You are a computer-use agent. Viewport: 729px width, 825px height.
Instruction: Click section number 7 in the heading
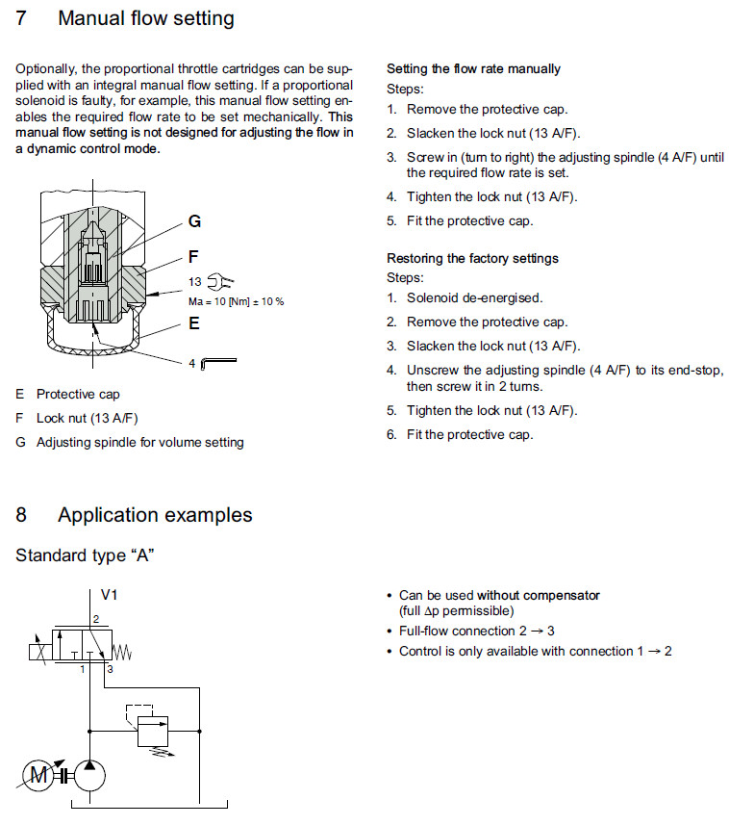pos(21,18)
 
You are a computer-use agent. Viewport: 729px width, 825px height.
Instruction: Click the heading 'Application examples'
pos(155,515)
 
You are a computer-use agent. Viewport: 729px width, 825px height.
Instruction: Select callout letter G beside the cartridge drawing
pos(194,221)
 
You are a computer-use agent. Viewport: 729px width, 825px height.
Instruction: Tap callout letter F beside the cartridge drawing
pos(193,257)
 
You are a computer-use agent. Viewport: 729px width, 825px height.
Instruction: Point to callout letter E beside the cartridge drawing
pos(193,323)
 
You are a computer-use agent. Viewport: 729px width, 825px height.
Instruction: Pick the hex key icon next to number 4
pos(219,363)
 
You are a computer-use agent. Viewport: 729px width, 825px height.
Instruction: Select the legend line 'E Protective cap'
pos(68,394)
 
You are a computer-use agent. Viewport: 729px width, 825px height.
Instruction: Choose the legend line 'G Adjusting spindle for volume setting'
pos(130,442)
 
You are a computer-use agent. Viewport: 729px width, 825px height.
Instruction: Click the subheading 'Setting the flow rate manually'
pos(473,69)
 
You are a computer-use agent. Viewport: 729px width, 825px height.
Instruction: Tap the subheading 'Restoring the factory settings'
pos(472,258)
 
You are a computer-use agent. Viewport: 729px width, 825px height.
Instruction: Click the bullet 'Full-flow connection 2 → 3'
pos(477,632)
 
